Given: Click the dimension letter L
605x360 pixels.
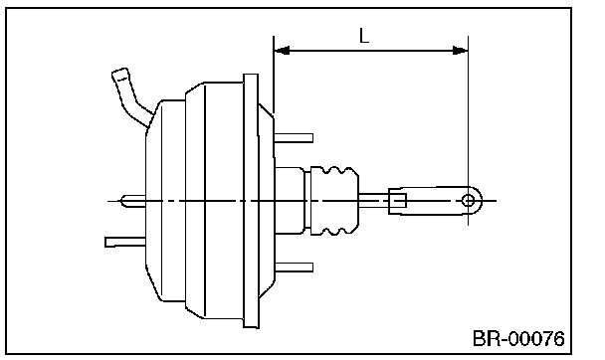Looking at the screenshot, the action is [364, 36].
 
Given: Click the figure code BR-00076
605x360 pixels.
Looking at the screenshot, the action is [518, 338].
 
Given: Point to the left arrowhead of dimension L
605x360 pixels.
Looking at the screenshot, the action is [282, 50].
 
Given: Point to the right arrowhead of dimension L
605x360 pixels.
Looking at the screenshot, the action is [461, 50].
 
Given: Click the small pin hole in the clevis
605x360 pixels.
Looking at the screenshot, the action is [469, 201].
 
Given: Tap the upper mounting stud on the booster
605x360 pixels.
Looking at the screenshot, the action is [294, 137].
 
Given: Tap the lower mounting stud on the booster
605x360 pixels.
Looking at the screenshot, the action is [294, 268].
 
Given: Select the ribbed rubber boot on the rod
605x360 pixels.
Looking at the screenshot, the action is [334, 201].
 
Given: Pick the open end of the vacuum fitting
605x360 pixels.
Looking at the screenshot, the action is [120, 74].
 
